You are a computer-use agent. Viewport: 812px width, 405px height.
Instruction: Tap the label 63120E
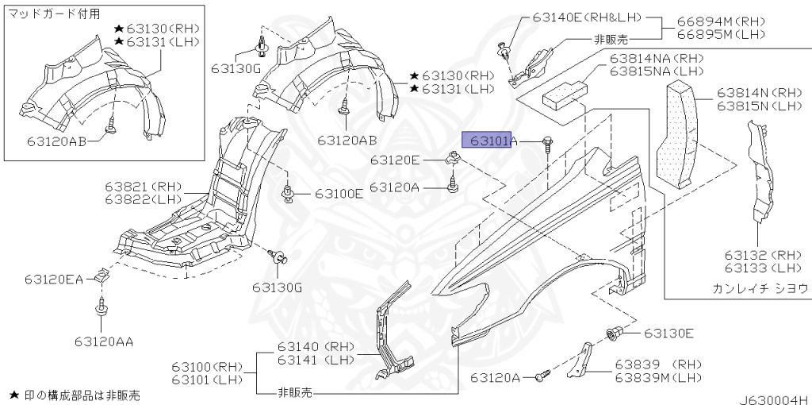(x=396, y=160)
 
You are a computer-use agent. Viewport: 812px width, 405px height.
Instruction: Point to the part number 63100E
(x=339, y=193)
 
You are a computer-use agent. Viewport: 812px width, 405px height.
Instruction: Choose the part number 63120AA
(x=104, y=342)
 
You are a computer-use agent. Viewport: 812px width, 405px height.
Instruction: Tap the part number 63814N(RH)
(x=760, y=93)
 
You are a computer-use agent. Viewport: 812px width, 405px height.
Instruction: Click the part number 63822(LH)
(x=144, y=199)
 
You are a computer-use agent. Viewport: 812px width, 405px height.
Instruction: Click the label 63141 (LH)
(x=316, y=360)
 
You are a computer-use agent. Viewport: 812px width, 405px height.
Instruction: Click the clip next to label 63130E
(x=613, y=334)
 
